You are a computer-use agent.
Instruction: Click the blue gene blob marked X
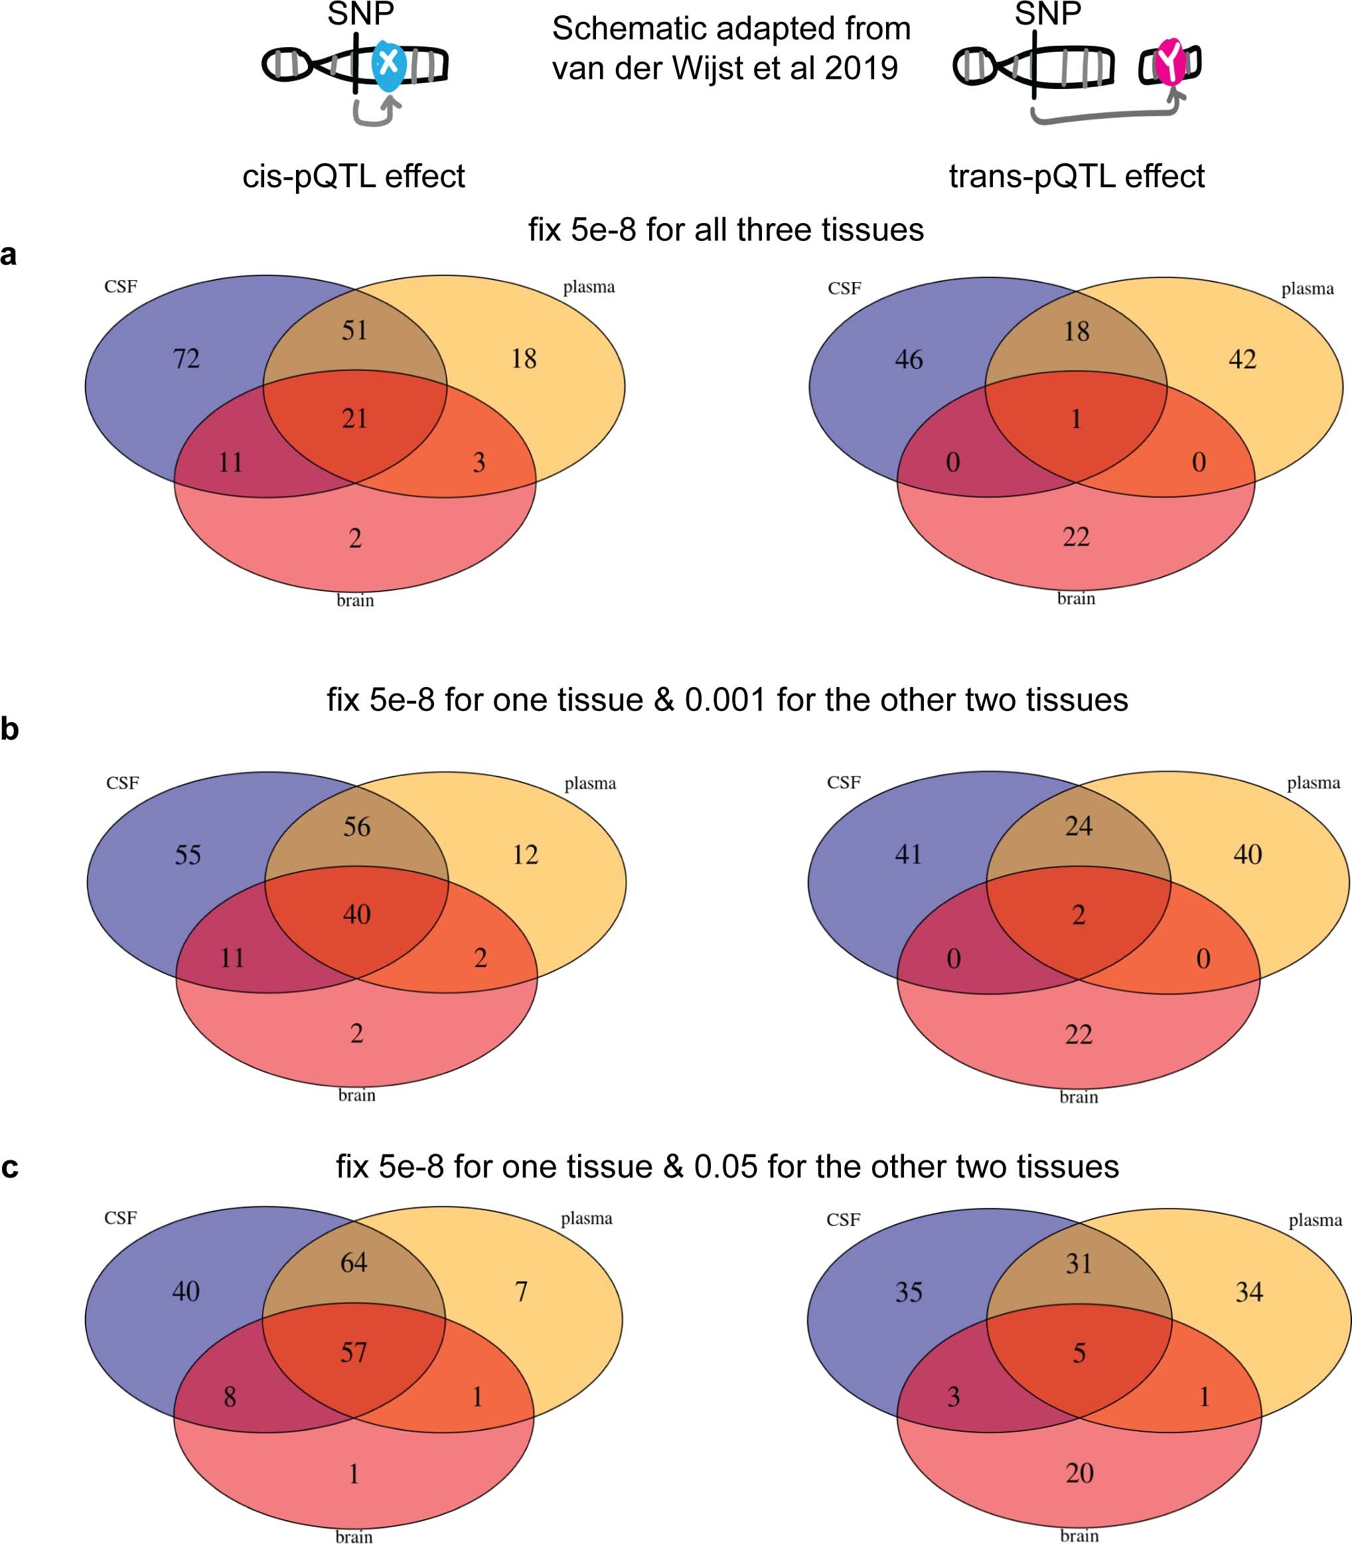click(x=388, y=64)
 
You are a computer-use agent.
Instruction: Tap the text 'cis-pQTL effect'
click(x=353, y=177)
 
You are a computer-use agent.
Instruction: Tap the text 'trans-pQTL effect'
click(x=1076, y=177)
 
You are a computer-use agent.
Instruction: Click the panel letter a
click(x=9, y=255)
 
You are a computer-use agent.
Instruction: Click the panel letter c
click(x=10, y=1167)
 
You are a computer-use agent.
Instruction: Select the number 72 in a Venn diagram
click(x=187, y=358)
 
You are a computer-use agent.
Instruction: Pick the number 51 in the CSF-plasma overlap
click(x=354, y=330)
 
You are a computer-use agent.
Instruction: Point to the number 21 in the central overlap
click(x=354, y=418)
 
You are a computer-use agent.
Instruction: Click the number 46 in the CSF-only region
click(x=909, y=360)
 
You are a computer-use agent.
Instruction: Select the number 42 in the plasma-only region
click(x=1242, y=359)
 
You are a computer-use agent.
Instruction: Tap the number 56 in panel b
click(x=357, y=826)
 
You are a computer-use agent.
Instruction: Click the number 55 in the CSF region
click(x=188, y=855)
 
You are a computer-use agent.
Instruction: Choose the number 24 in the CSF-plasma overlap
click(x=1078, y=826)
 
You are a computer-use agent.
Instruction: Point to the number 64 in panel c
click(x=354, y=1262)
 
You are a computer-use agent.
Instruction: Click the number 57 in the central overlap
click(x=354, y=1352)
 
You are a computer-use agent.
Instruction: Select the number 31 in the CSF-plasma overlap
click(x=1078, y=1263)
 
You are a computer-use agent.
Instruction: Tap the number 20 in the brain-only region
click(x=1079, y=1472)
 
